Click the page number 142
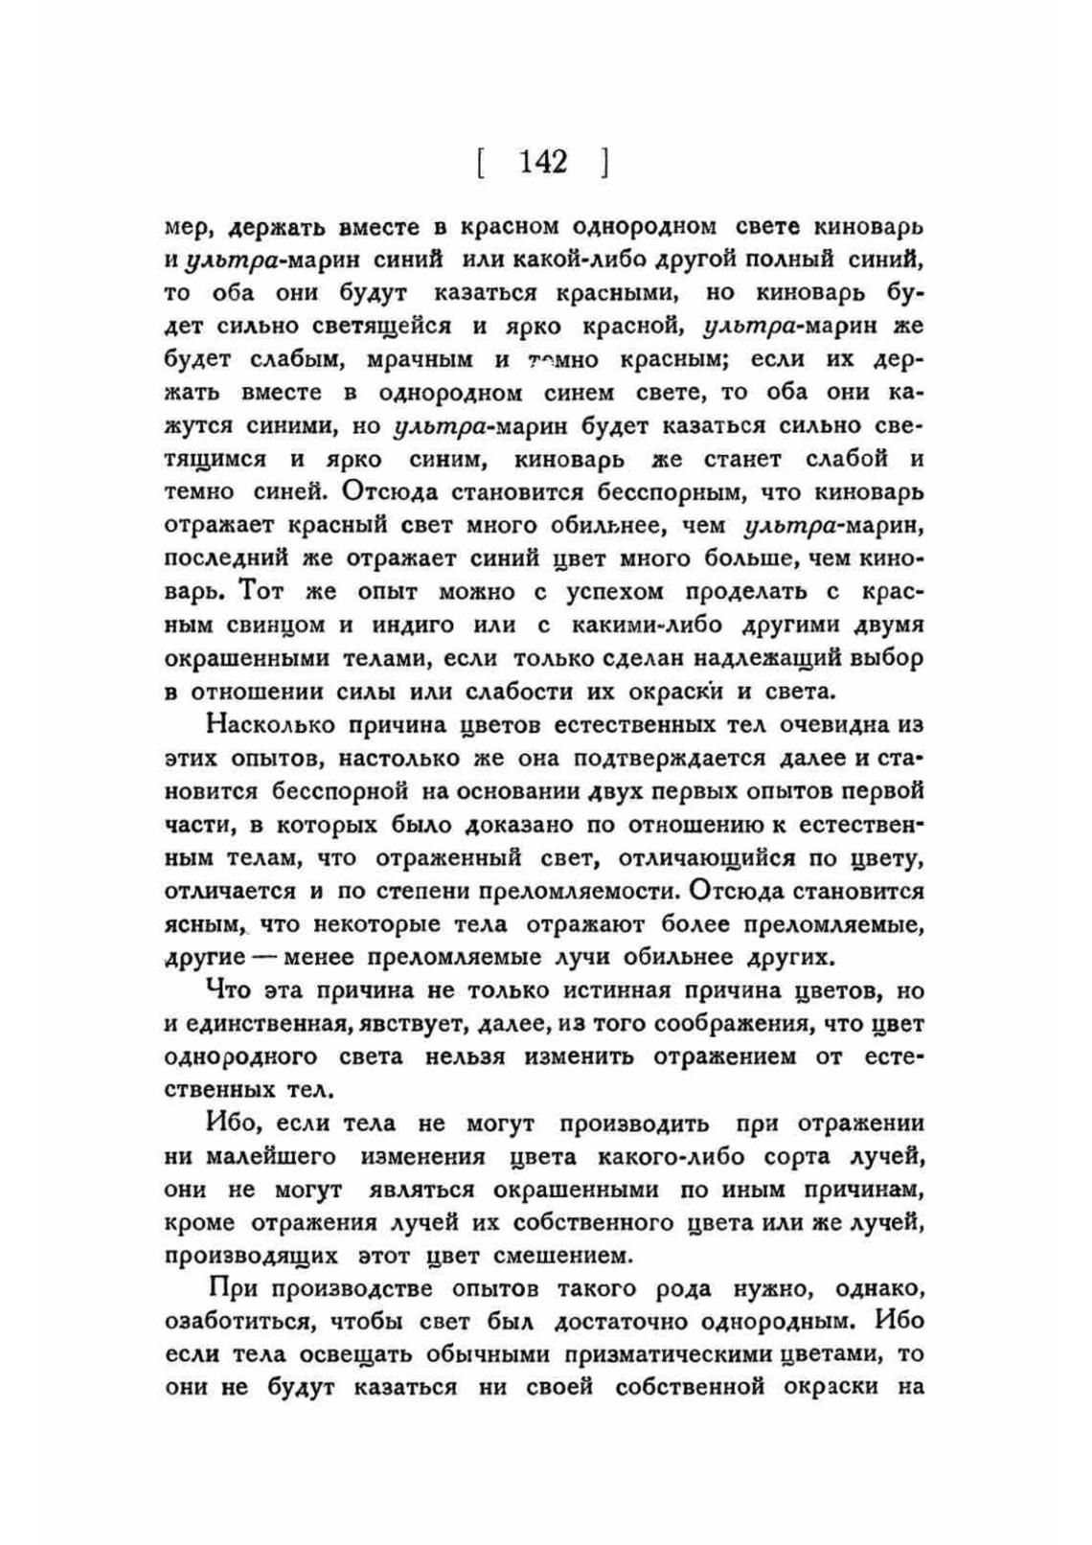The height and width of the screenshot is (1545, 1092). pos(543,162)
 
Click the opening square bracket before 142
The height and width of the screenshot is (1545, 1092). pos(478,163)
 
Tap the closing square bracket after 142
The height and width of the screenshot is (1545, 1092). pos(605,163)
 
